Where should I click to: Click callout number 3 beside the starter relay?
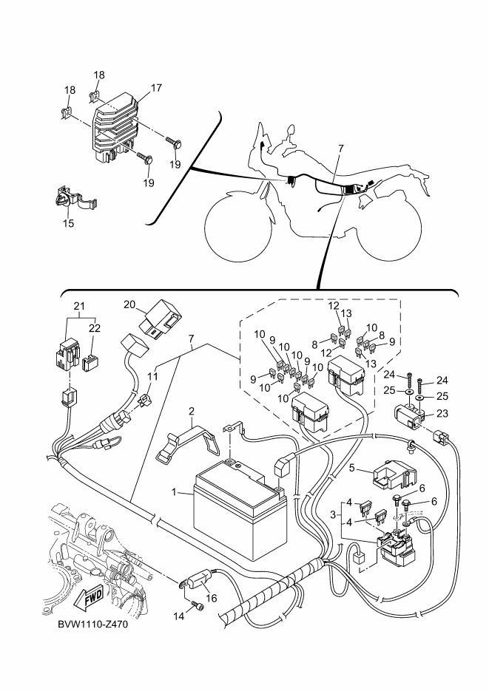click(x=333, y=514)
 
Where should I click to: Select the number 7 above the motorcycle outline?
click(x=340, y=149)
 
